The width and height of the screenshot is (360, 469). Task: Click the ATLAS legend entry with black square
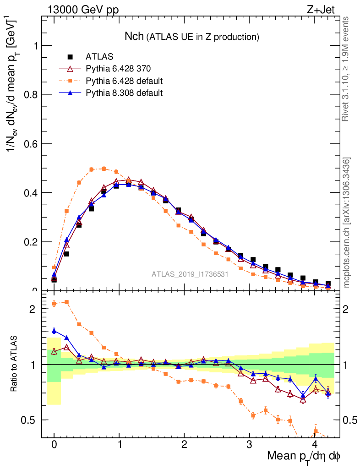(x=99, y=57)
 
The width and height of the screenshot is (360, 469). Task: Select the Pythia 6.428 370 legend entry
(x=118, y=69)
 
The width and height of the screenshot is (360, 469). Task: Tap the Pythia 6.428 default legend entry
(x=124, y=81)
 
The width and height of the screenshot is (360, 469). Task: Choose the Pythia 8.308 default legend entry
(x=124, y=93)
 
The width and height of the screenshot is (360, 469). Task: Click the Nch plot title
(x=192, y=36)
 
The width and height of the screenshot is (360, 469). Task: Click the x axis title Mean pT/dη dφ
(x=304, y=456)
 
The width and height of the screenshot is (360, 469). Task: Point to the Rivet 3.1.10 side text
(x=346, y=69)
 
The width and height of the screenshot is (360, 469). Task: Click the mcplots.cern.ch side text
(x=347, y=223)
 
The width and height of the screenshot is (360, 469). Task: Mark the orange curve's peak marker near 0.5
(x=104, y=169)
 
